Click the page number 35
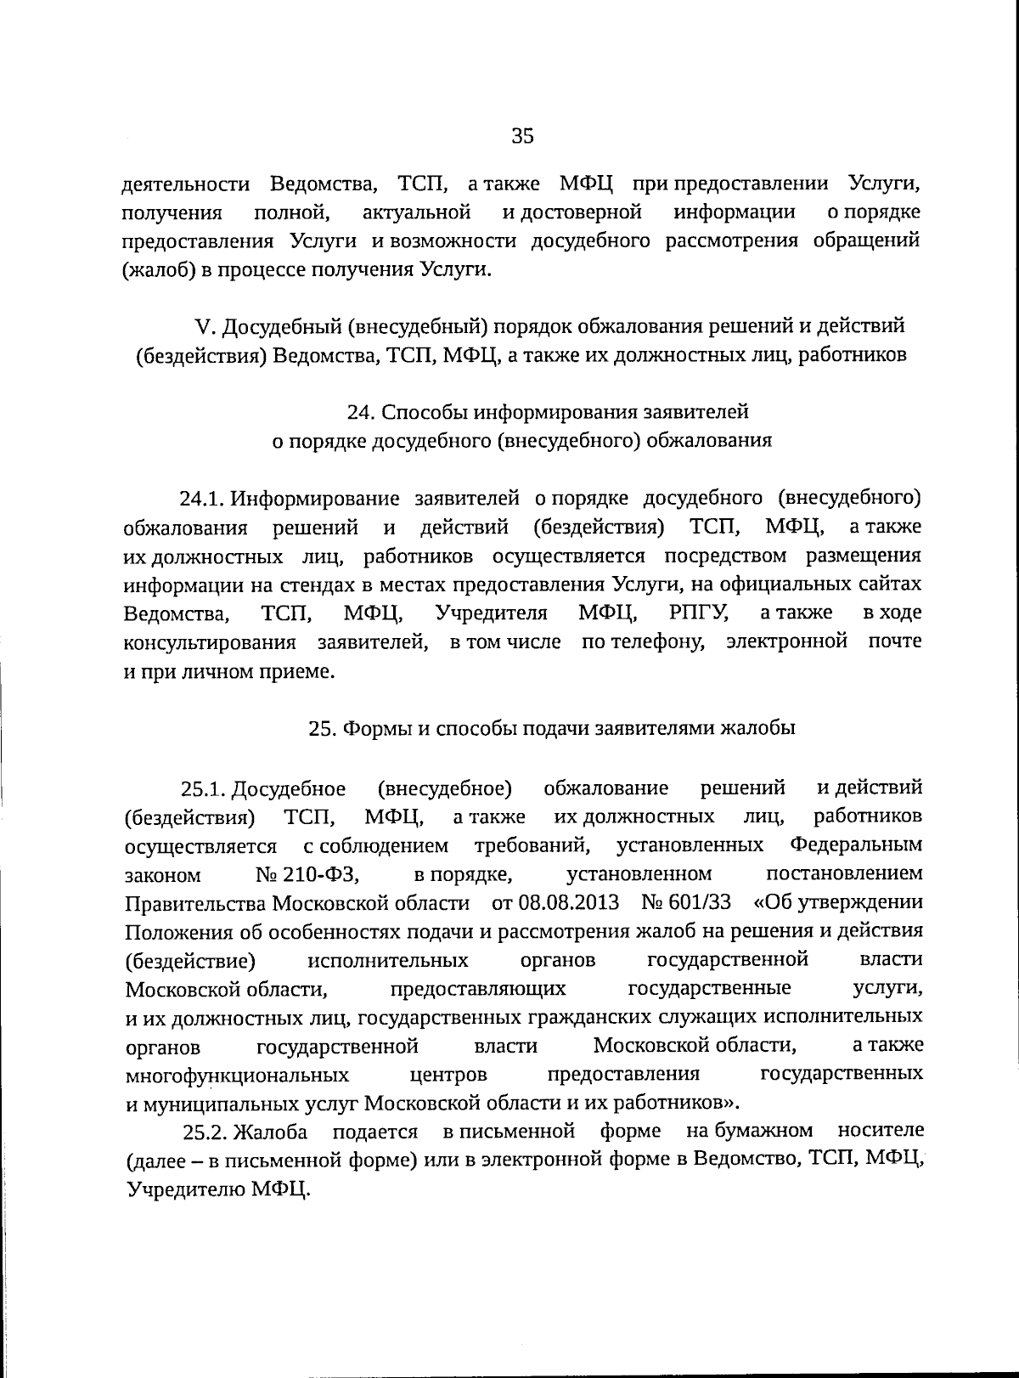(x=522, y=136)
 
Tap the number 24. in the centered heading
(x=362, y=412)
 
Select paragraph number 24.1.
(x=201, y=498)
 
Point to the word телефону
(x=644, y=641)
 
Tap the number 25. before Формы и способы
(x=323, y=728)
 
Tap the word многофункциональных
(x=237, y=1076)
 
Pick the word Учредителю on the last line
(x=184, y=1189)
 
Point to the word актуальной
(x=416, y=212)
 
